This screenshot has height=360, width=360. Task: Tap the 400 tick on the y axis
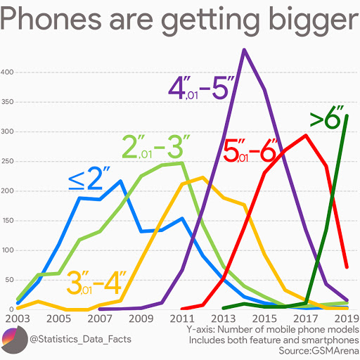point(8,72)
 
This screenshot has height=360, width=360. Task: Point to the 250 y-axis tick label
point(8,162)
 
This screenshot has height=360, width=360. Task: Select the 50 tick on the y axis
point(9,280)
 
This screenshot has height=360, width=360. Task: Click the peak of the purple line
point(244,50)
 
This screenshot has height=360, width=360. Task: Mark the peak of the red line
point(305,136)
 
